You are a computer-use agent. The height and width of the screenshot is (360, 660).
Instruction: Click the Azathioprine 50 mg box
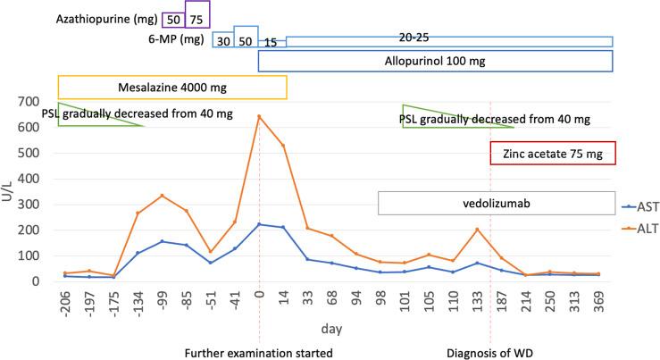pos(172,18)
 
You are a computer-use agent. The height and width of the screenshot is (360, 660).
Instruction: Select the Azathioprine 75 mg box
pos(196,18)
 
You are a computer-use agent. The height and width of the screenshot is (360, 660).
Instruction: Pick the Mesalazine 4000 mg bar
pos(171,87)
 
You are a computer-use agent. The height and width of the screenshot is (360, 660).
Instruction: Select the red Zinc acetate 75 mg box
pos(554,154)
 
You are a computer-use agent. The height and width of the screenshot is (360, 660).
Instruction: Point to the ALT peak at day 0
pos(259,116)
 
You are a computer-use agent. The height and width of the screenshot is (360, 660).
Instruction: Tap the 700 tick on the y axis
pos(30,102)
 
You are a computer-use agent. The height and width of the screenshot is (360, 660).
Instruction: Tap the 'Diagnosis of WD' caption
pos(491,352)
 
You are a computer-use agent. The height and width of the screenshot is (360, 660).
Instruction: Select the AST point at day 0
pos(259,224)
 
